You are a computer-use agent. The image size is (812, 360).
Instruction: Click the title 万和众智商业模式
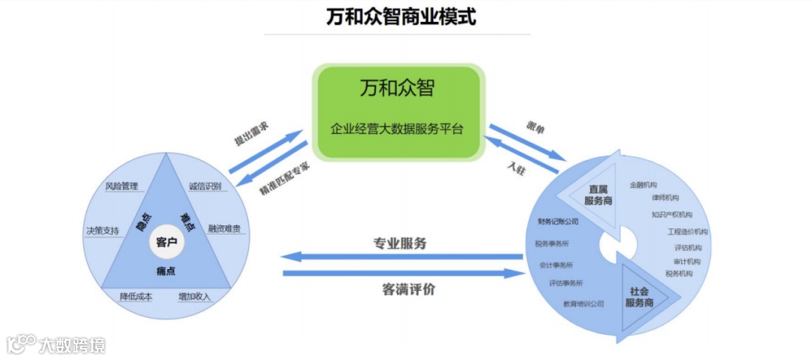(x=401, y=16)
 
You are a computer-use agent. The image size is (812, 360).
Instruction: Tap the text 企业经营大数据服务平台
(x=397, y=129)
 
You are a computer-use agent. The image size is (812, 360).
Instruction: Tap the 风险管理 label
(x=123, y=185)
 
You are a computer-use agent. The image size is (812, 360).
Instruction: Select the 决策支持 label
(x=102, y=231)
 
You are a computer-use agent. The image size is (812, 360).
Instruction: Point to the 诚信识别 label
(x=205, y=186)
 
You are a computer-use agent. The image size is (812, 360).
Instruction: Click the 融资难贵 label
(x=224, y=228)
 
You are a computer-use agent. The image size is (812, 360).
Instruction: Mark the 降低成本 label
(x=136, y=296)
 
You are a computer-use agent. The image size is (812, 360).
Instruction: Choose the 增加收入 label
(x=195, y=296)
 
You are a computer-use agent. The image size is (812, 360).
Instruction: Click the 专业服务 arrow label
(x=400, y=244)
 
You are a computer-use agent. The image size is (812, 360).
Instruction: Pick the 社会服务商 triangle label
(x=639, y=296)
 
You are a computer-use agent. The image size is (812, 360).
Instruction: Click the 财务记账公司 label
(x=558, y=222)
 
